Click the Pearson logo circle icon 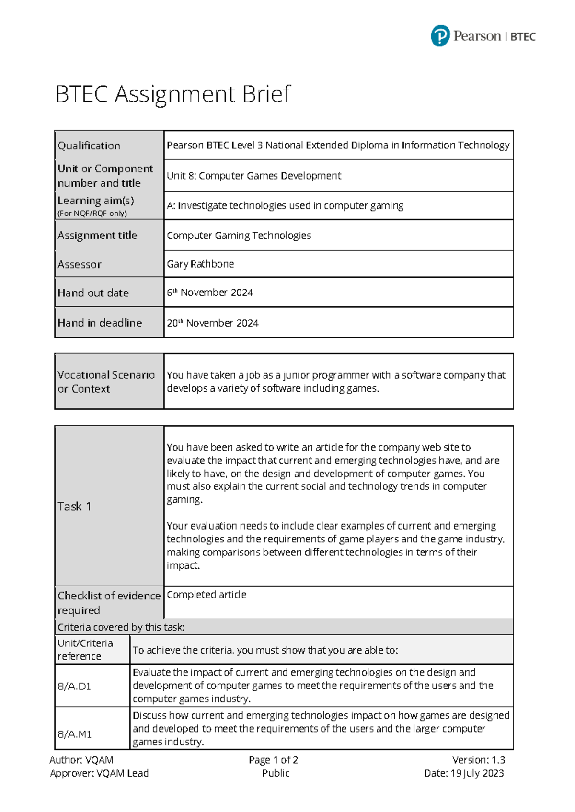pos(440,36)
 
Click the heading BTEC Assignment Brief pos(172,94)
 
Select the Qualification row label pos(89,146)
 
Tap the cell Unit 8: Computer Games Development pos(254,176)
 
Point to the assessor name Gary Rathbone pos(200,264)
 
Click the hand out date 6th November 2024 pos(210,293)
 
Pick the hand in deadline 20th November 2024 pos(213,323)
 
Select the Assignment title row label pos(97,235)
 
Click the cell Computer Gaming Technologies pos(239,236)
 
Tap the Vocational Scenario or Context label pos(106,382)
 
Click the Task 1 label pos(74,507)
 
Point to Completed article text pos(207,595)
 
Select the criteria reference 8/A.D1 pos(74,686)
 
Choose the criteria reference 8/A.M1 pos(74,734)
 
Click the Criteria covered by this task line pos(121,627)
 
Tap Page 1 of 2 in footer pos(273,760)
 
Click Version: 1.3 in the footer pos(478,760)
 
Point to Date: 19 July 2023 pos(463,773)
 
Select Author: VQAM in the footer pos(81,760)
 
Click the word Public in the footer pos(276,773)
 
